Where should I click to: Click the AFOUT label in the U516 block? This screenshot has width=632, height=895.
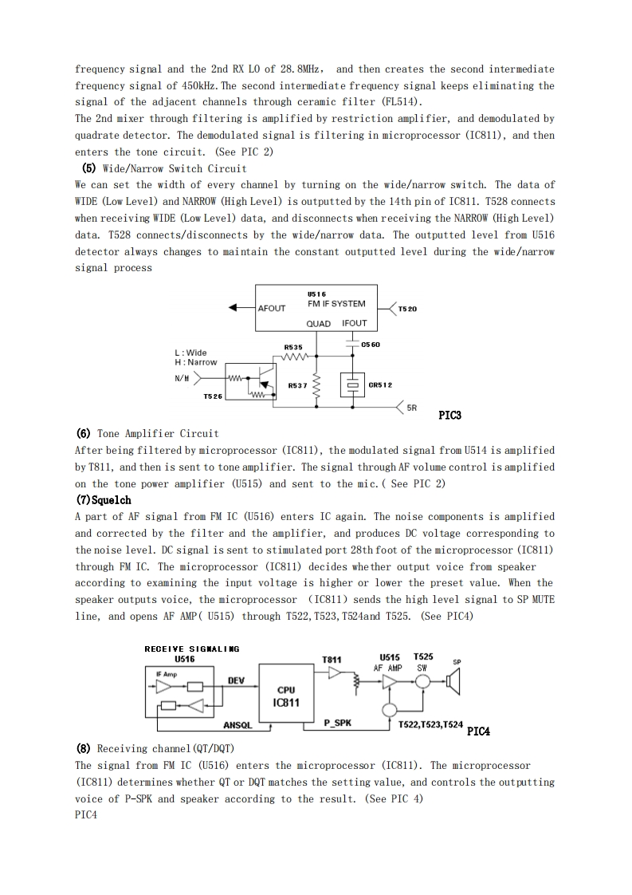pyautogui.click(x=272, y=308)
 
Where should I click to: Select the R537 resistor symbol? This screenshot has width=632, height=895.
pyautogui.click(x=316, y=386)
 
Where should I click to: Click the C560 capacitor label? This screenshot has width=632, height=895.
pyautogui.click(x=371, y=345)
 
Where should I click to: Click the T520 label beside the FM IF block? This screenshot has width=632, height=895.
pyautogui.click(x=407, y=308)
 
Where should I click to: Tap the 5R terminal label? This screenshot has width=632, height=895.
pyautogui.click(x=412, y=407)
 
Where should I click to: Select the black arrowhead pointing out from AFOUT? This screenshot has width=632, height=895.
pyautogui.click(x=233, y=308)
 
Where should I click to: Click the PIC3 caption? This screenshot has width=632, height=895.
pyautogui.click(x=450, y=416)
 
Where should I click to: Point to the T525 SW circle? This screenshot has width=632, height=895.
pyautogui.click(x=422, y=680)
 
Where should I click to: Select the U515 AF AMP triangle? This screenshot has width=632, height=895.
pyautogui.click(x=391, y=681)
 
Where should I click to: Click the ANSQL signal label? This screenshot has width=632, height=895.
pyautogui.click(x=237, y=725)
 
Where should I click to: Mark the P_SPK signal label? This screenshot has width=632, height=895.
pyautogui.click(x=338, y=723)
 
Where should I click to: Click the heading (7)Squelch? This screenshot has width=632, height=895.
pyautogui.click(x=104, y=500)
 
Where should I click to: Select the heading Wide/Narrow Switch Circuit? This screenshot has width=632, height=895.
pyautogui.click(x=164, y=168)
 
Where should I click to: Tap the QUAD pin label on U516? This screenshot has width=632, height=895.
pyautogui.click(x=319, y=323)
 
